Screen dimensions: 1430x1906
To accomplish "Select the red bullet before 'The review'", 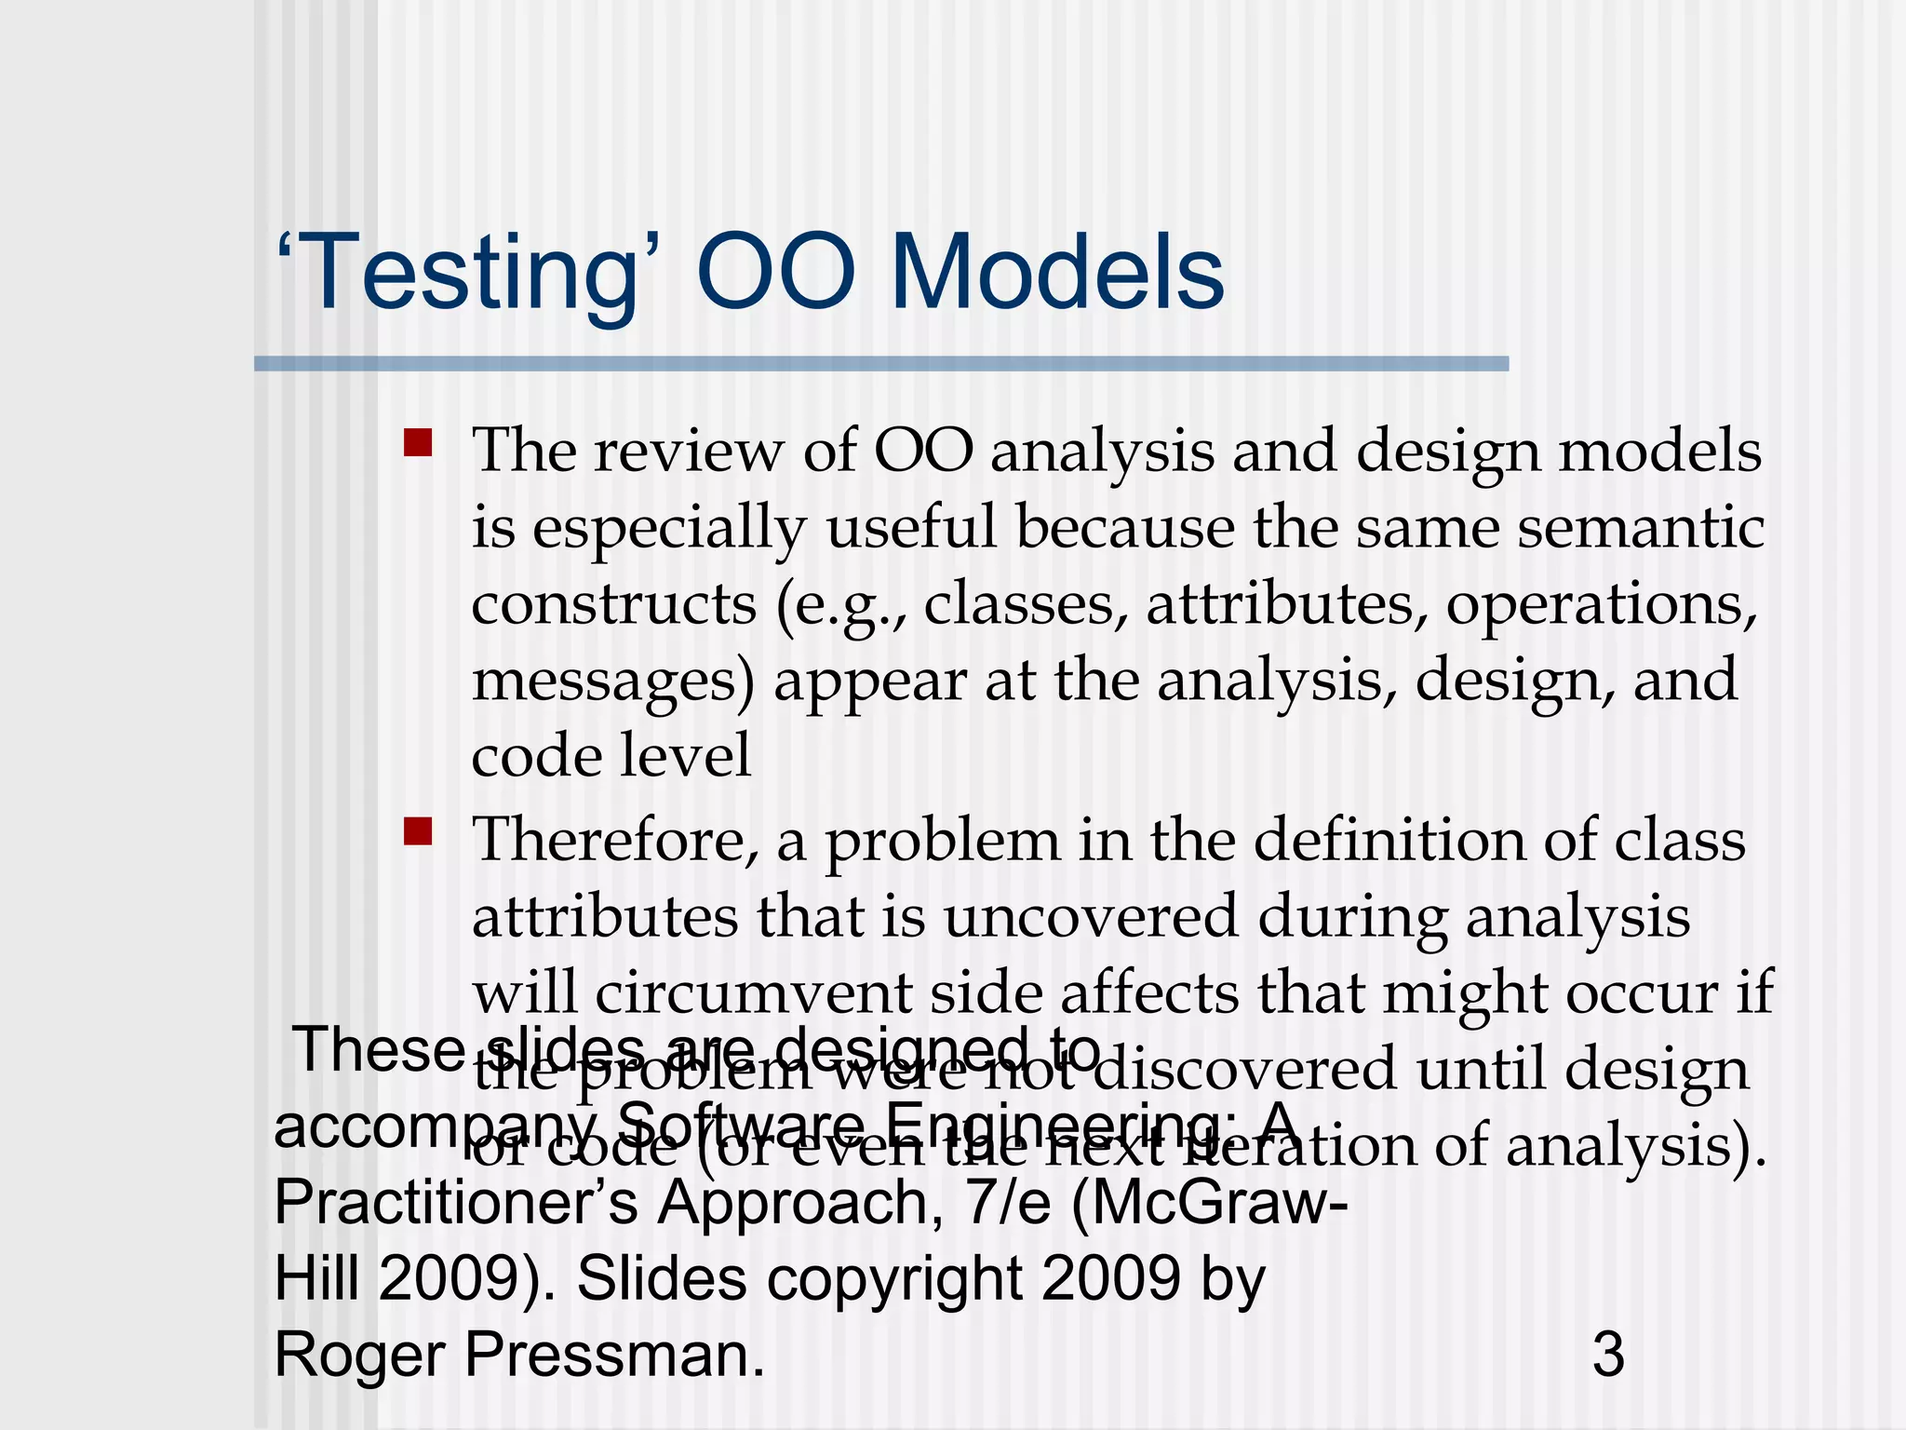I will click(x=418, y=442).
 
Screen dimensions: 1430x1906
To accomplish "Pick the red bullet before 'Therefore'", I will click(x=418, y=830).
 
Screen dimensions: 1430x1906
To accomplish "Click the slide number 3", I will click(x=1608, y=1355).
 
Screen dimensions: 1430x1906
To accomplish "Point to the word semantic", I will click(x=1641, y=528).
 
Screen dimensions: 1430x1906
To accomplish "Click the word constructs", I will click(x=613, y=604).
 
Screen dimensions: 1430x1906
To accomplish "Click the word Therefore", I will click(x=615, y=840).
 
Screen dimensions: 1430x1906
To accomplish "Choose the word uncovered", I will click(x=1091, y=917).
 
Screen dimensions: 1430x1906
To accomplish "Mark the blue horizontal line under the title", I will click(x=880, y=363).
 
